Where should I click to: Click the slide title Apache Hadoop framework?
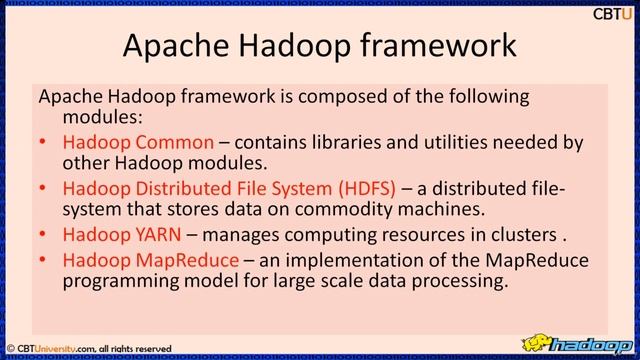click(x=319, y=46)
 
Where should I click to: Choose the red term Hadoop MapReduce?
click(x=151, y=261)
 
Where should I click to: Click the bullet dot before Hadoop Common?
click(x=43, y=143)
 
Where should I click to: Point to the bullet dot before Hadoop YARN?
click(x=43, y=237)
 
